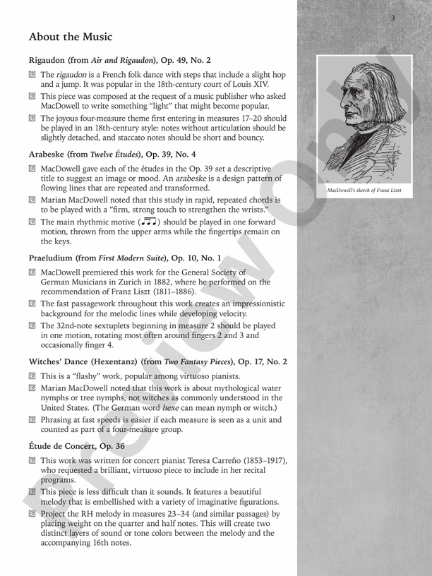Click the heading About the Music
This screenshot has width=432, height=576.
tap(71, 37)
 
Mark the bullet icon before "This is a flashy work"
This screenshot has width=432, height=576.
tap(32, 376)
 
